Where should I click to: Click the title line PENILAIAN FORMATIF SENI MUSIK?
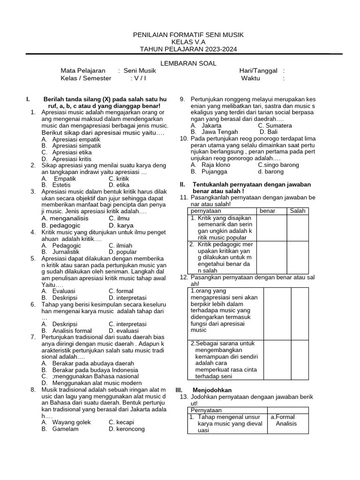[x=188, y=35]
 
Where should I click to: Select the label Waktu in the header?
[x=250, y=78]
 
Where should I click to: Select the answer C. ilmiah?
[x=120, y=245]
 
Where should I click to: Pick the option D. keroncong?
[x=127, y=428]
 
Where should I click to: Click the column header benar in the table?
[x=267, y=211]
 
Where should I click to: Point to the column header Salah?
[x=297, y=211]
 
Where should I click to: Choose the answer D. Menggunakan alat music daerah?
[x=94, y=382]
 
